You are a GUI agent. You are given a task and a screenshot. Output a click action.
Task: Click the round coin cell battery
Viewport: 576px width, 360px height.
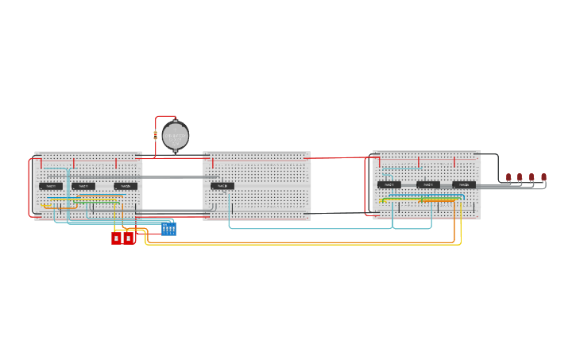pyautogui.click(x=175, y=136)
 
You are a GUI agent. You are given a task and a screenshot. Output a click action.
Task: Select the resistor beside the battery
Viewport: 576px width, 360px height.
pyautogui.click(x=155, y=135)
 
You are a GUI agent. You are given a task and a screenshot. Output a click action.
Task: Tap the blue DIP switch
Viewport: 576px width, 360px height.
pyautogui.click(x=168, y=230)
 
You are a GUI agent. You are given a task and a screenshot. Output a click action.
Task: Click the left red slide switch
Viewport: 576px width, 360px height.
pyautogui.click(x=116, y=238)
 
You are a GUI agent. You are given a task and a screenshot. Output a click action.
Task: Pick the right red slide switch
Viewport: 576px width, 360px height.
pyautogui.click(x=129, y=238)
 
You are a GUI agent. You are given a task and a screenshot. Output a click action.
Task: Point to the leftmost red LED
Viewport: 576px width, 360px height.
pyautogui.click(x=508, y=177)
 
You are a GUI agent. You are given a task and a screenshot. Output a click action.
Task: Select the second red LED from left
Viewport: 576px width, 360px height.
pyautogui.click(x=520, y=177)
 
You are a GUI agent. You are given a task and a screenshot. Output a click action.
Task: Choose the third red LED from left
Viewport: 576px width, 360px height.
pyautogui.click(x=532, y=177)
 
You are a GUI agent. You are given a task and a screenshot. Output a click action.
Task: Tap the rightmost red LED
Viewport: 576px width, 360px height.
pyautogui.click(x=543, y=177)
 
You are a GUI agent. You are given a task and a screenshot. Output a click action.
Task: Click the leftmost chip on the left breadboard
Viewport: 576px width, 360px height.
pyautogui.click(x=51, y=186)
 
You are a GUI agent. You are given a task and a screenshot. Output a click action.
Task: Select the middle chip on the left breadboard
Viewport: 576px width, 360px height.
pyautogui.click(x=83, y=186)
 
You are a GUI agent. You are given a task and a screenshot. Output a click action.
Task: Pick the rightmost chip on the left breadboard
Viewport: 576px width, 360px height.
pyautogui.click(x=126, y=186)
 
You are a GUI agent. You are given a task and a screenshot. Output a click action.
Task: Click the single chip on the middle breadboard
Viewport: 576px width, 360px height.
pyautogui.click(x=222, y=186)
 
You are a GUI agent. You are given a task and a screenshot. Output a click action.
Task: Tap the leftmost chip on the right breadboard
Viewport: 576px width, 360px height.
pyautogui.click(x=389, y=184)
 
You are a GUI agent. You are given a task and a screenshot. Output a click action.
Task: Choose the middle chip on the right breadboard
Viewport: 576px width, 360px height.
pyautogui.click(x=427, y=184)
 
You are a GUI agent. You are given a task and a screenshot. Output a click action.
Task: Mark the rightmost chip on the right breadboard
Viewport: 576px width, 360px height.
pyautogui.click(x=464, y=184)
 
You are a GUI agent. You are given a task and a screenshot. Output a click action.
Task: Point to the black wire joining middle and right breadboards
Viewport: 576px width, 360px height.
pyautogui.click(x=342, y=212)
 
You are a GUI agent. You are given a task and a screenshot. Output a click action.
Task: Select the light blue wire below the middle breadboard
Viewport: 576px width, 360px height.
pyautogui.click(x=310, y=229)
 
